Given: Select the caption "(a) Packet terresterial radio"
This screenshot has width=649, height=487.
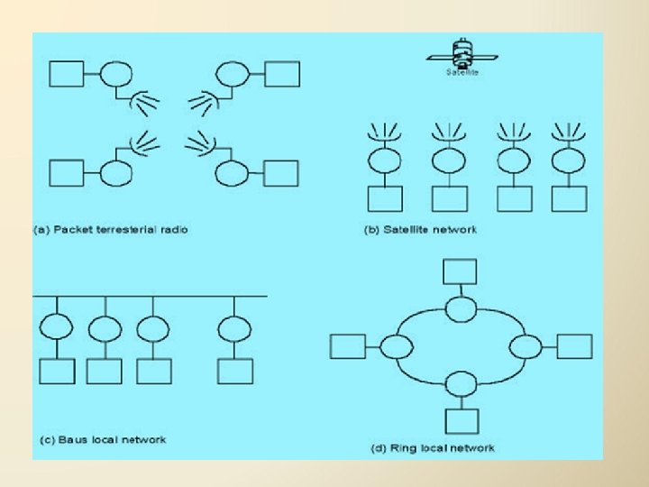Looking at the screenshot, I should click(111, 229).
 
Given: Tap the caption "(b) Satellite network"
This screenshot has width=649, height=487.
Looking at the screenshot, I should click(420, 229).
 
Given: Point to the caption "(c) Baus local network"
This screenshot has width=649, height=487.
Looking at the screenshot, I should click(103, 440).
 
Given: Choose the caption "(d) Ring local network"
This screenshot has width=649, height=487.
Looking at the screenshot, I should click(433, 448).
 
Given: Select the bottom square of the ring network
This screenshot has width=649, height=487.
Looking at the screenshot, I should click(461, 419).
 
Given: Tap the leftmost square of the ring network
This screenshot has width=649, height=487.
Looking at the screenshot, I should click(349, 346).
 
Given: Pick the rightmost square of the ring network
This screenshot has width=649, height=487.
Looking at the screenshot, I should click(574, 346).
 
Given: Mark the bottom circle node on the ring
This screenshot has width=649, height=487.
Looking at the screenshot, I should click(461, 382).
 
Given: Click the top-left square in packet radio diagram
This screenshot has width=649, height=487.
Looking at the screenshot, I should click(67, 73).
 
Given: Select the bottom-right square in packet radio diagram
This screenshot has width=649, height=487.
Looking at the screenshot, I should click(280, 172).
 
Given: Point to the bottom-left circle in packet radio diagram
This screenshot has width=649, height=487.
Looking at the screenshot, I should click(114, 171).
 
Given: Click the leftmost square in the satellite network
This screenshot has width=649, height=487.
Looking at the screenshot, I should click(384, 198).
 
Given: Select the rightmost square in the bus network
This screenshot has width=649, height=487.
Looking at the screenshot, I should click(235, 371).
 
